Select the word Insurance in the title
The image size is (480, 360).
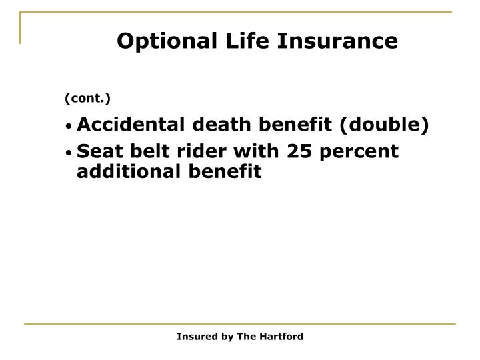coord(327,41)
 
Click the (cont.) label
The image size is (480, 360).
coord(87,99)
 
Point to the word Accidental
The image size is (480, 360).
coord(122,125)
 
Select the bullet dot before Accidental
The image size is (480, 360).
coord(69,126)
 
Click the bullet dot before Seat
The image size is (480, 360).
coord(69,153)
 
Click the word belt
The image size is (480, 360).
coord(141,151)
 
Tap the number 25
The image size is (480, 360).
coord(297,151)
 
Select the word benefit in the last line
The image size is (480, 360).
coord(227,171)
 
